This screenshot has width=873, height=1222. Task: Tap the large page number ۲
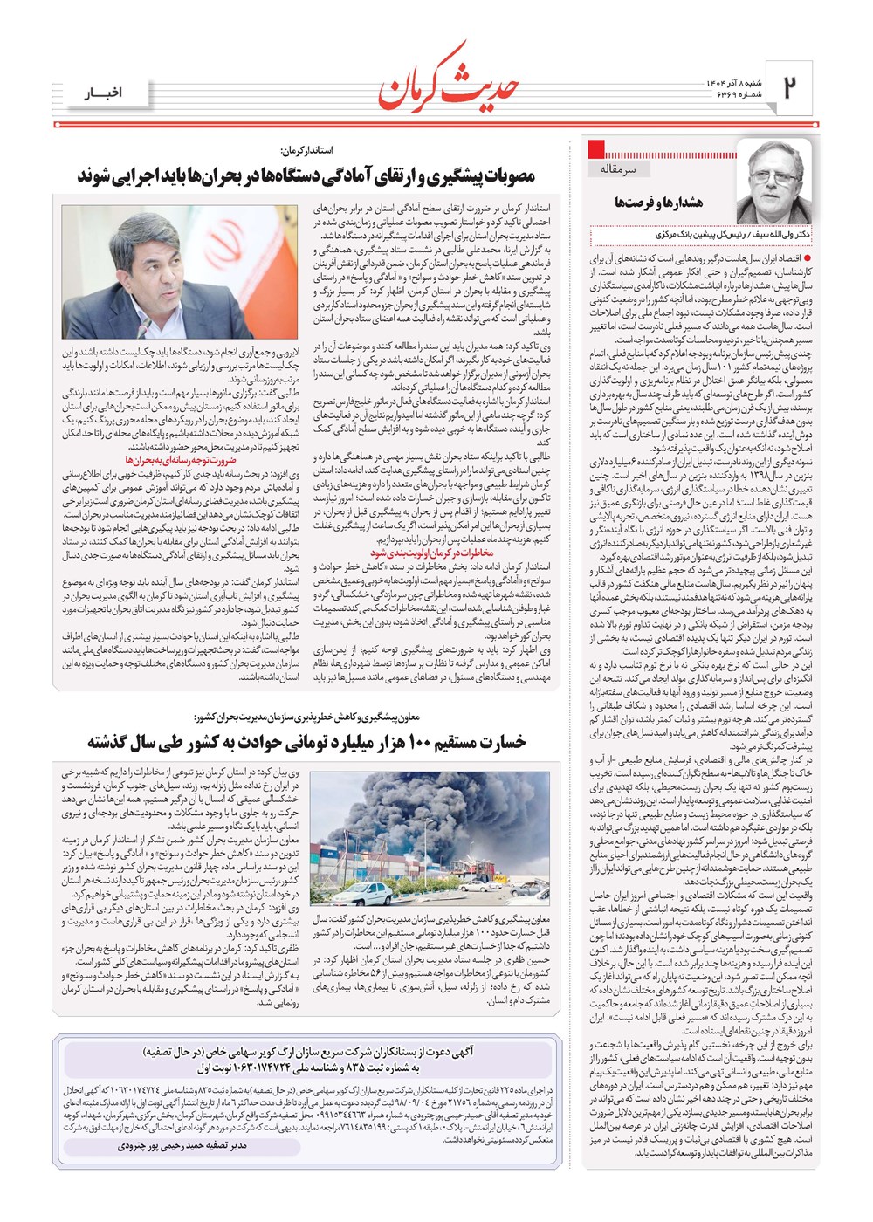pyautogui.click(x=790, y=87)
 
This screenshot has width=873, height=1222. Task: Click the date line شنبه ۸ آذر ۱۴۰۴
pyautogui.click(x=734, y=82)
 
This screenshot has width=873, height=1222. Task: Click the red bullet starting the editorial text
pyautogui.click(x=807, y=258)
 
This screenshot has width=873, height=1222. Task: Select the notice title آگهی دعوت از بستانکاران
pyautogui.click(x=454, y=1052)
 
